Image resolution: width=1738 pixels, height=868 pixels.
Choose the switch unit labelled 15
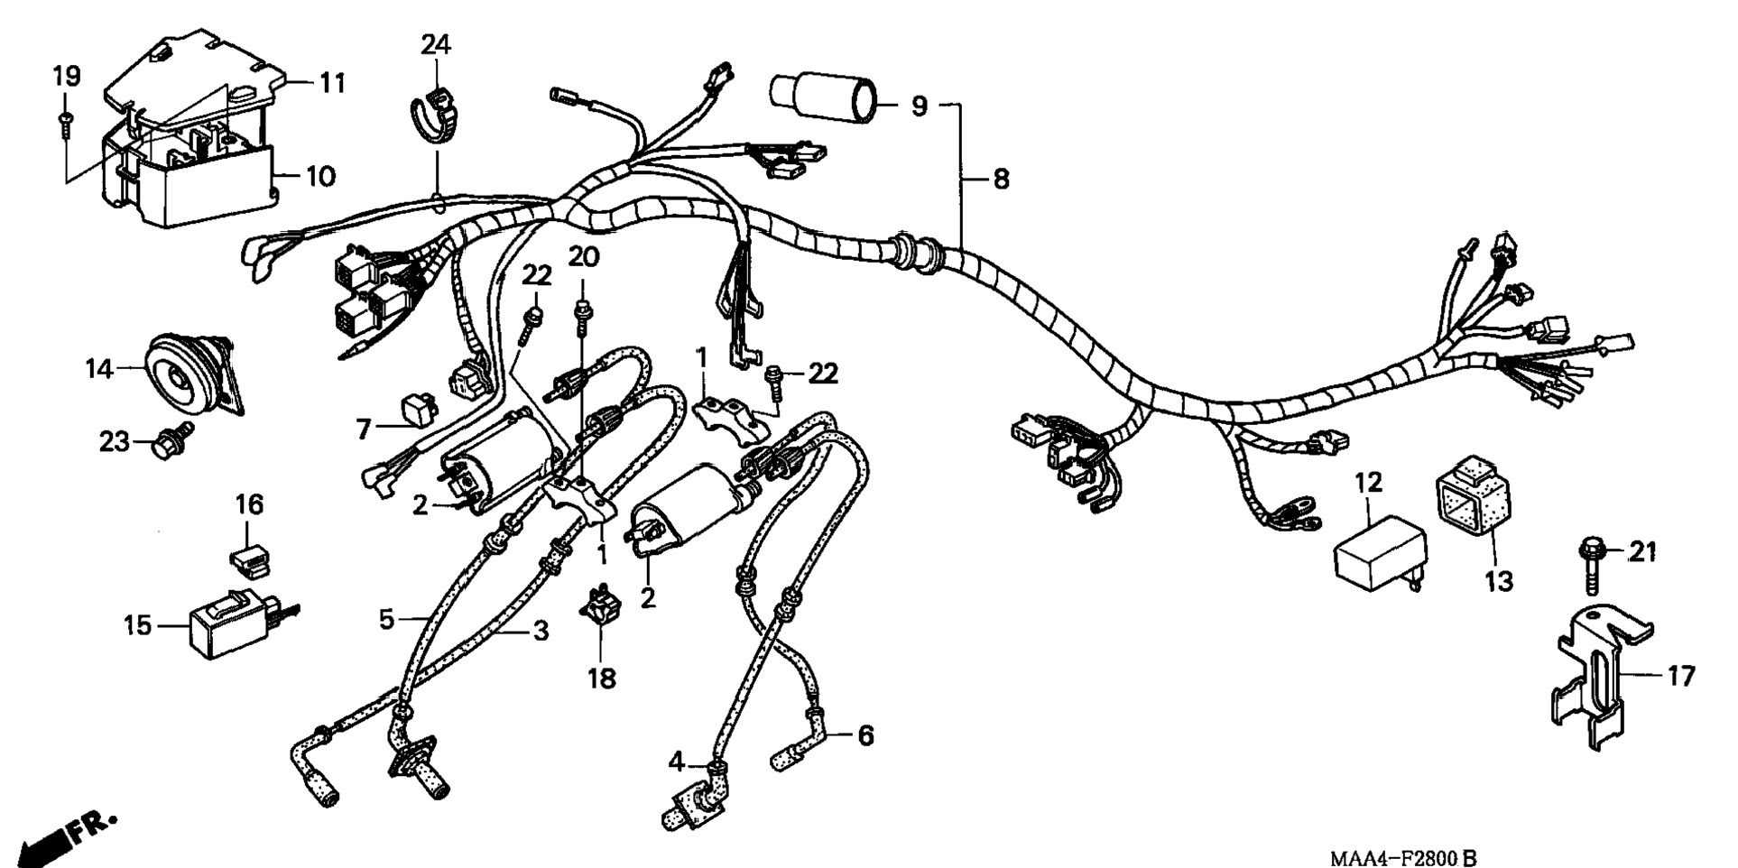coord(231,625)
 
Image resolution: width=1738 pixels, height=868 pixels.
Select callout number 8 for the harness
coord(1000,179)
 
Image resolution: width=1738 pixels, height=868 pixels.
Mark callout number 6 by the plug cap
coord(864,736)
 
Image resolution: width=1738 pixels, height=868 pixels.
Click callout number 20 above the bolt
coord(583,257)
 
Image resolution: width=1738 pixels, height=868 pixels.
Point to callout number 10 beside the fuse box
coord(319,175)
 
